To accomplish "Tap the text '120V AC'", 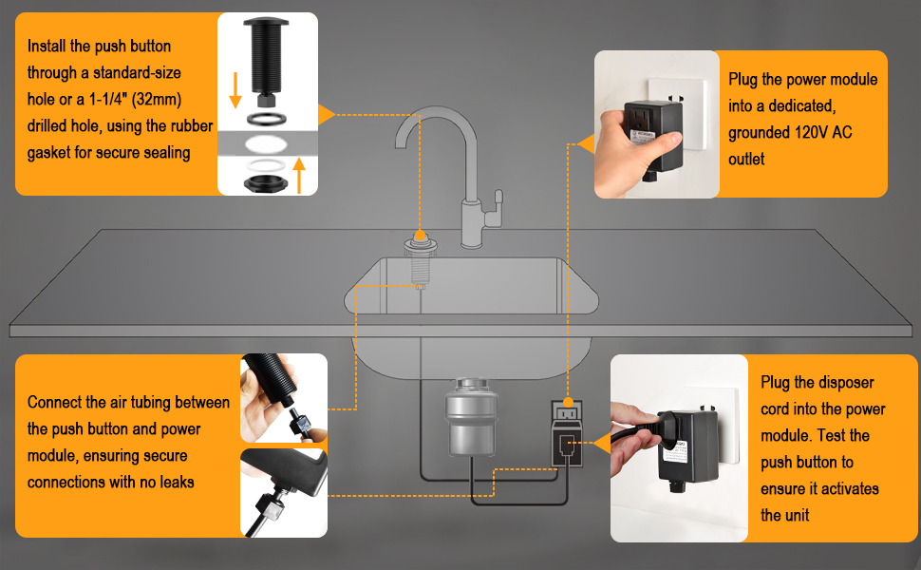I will click(820, 133).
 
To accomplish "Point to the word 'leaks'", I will click(174, 482).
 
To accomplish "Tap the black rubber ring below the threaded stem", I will click(265, 122).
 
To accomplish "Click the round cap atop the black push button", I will click(265, 23).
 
